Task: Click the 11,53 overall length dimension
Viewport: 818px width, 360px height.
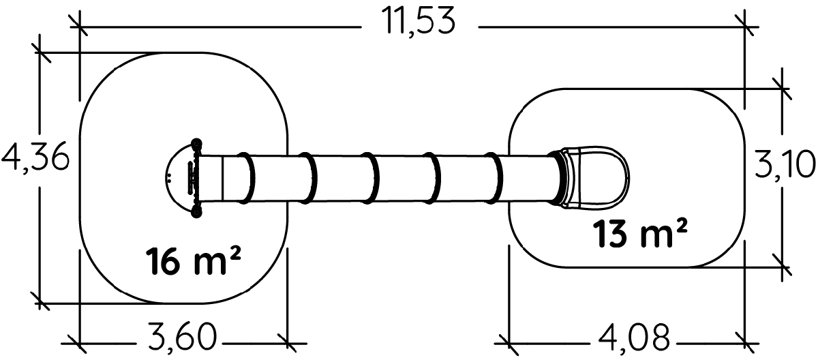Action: [x=419, y=22]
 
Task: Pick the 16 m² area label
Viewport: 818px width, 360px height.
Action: [x=194, y=260]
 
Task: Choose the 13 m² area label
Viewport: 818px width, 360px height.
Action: [x=640, y=232]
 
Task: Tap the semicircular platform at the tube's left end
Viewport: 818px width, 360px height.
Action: [x=181, y=178]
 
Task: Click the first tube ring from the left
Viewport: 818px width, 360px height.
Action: [x=247, y=178]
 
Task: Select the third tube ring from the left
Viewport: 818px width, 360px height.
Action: [x=370, y=178]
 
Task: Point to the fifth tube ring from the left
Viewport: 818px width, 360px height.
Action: [x=494, y=178]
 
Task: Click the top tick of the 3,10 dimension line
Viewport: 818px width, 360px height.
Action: [x=781, y=89]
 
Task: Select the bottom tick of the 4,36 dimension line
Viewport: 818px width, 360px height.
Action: [x=40, y=303]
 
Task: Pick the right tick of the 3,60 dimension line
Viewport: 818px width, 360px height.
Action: [x=288, y=343]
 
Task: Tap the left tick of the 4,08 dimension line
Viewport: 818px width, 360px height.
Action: [x=509, y=343]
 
